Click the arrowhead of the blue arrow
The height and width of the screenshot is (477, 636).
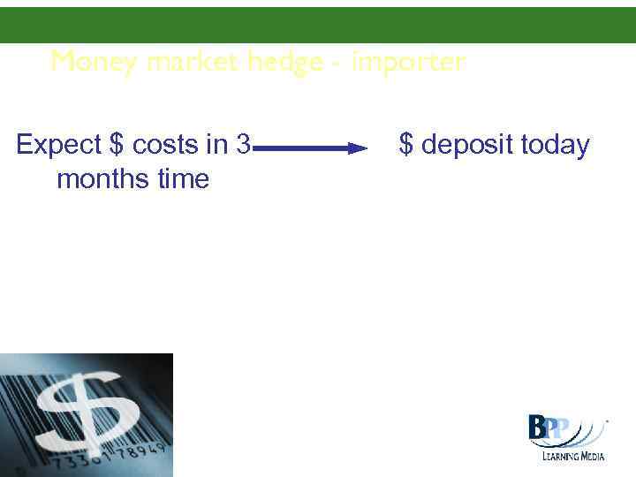click(x=357, y=148)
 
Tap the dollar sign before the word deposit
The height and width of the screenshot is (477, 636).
click(x=406, y=145)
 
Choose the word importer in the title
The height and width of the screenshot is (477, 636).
click(x=408, y=62)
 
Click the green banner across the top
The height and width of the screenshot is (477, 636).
click(x=318, y=25)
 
